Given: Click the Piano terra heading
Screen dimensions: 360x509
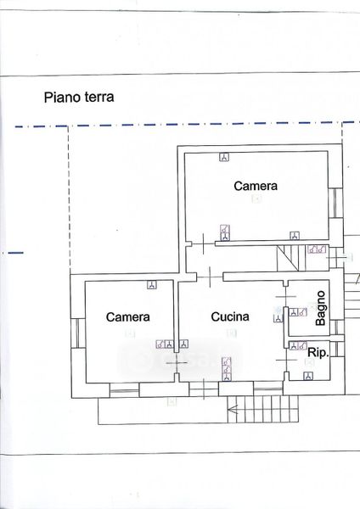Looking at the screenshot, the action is (x=79, y=98).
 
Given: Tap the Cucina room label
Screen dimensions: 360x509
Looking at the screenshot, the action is (x=230, y=316).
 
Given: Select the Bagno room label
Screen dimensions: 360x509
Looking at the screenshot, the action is (x=320, y=308).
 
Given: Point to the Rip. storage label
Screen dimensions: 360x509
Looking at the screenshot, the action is (x=318, y=353).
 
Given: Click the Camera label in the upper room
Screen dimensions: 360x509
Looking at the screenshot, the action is (x=256, y=186).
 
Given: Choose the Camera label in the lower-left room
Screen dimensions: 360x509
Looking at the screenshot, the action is (x=128, y=317).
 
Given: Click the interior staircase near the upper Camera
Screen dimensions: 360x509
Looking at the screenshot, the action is (x=288, y=258).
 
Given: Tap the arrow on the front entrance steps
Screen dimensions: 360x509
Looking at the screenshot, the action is (x=233, y=410).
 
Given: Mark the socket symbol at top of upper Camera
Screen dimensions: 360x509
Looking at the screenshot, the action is (x=224, y=157).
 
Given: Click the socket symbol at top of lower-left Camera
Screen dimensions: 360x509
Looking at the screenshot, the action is (x=152, y=285).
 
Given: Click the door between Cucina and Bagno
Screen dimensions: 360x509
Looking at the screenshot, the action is (x=285, y=296).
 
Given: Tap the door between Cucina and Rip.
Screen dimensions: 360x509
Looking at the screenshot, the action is (x=286, y=360).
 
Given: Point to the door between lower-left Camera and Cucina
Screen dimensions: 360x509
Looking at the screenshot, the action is (x=176, y=362).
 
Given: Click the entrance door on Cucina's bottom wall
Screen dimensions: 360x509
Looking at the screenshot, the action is (x=204, y=389).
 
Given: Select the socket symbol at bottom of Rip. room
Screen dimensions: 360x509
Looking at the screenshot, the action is (x=308, y=376).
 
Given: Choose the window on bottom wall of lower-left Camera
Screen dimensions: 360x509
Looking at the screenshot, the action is (x=125, y=390).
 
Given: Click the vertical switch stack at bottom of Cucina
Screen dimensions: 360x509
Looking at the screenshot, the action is (x=227, y=369).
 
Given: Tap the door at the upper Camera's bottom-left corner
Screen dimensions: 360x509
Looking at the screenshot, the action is (x=204, y=243).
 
